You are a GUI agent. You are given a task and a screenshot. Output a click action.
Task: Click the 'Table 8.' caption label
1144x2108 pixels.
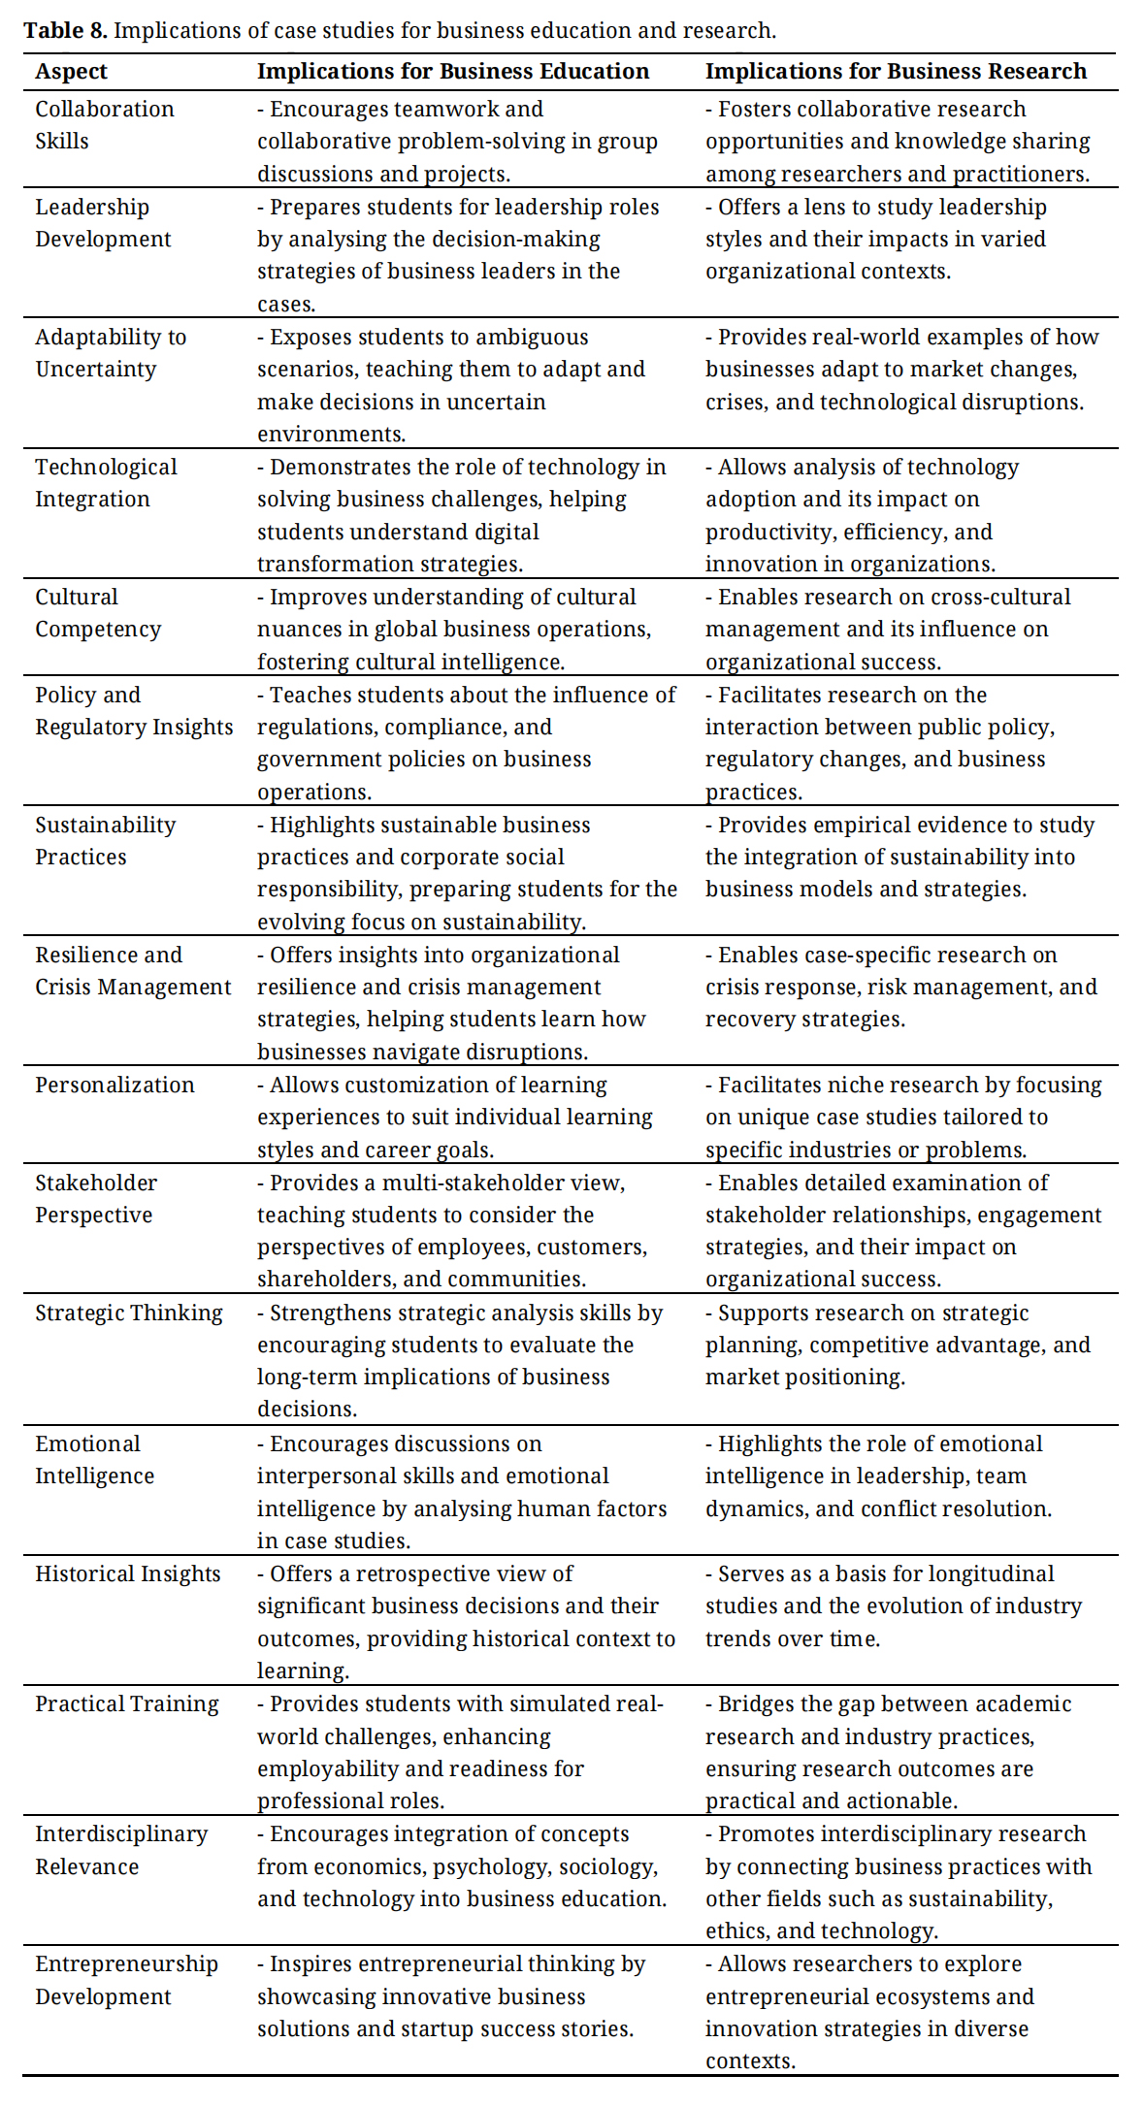pyautogui.click(x=65, y=31)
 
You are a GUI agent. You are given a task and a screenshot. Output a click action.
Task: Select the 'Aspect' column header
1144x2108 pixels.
pyautogui.click(x=71, y=72)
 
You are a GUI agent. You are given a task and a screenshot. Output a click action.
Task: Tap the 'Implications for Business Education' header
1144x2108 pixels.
pyautogui.click(x=452, y=72)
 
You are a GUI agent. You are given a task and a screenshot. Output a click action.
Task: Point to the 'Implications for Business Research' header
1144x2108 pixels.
pyautogui.click(x=895, y=72)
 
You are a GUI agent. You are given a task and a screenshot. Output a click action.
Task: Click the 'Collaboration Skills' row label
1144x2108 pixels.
pyautogui.click(x=104, y=125)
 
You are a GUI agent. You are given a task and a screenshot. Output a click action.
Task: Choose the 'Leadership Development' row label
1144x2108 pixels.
pyautogui.click(x=103, y=223)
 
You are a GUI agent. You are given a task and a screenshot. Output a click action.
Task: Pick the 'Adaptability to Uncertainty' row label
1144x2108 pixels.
pyautogui.click(x=111, y=353)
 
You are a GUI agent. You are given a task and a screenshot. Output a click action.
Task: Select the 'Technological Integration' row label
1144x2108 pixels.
pyautogui.click(x=106, y=483)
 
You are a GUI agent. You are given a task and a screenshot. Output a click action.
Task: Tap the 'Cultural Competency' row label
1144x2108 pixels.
pyautogui.click(x=98, y=613)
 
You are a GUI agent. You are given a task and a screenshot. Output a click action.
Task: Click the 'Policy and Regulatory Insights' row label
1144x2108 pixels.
pyautogui.click(x=134, y=711)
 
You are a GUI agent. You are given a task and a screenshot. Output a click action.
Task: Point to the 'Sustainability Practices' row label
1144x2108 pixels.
pyautogui.click(x=105, y=841)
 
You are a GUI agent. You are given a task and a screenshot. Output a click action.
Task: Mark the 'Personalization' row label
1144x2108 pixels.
pyautogui.click(x=114, y=1085)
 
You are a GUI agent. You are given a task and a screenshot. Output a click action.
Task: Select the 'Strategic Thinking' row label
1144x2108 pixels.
pyautogui.click(x=129, y=1313)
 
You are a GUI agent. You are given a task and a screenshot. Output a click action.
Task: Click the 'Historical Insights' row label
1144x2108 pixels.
pyautogui.click(x=128, y=1573)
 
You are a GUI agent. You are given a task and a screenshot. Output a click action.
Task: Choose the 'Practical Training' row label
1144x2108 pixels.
pyautogui.click(x=127, y=1703)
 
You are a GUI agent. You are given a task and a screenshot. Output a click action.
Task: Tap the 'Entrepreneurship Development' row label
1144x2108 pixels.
pyautogui.click(x=126, y=1980)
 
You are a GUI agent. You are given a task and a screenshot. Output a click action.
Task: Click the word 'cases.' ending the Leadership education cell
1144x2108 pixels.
pyautogui.click(x=286, y=305)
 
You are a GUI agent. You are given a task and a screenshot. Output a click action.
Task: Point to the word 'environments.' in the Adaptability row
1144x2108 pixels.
pyautogui.click(x=331, y=435)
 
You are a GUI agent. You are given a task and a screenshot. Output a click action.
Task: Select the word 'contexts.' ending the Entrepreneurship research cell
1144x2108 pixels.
pyautogui.click(x=750, y=2061)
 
